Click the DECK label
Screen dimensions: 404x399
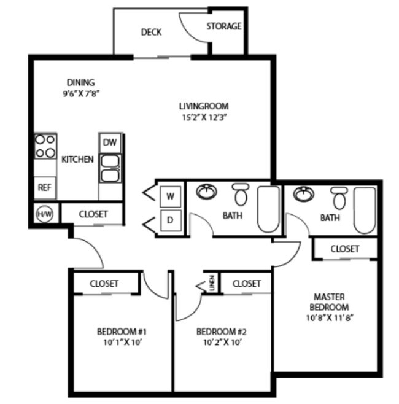(x=151, y=32)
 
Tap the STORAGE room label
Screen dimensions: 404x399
(x=223, y=26)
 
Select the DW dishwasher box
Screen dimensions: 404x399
(x=110, y=142)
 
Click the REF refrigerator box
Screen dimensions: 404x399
(x=44, y=187)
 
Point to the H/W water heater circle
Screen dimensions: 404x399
(x=44, y=214)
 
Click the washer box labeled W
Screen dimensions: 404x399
(x=171, y=197)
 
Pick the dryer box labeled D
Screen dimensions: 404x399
(x=171, y=219)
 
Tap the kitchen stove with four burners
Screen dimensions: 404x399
(x=44, y=146)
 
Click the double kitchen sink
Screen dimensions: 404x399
(x=110, y=168)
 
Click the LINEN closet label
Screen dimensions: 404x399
(x=212, y=284)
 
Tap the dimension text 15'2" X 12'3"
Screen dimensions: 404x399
(x=204, y=117)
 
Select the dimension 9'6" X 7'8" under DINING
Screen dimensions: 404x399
(x=81, y=94)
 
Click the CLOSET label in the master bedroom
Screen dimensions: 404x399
(x=345, y=249)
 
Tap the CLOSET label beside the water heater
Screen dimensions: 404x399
(x=93, y=214)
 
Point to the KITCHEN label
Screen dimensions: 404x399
(x=78, y=160)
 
